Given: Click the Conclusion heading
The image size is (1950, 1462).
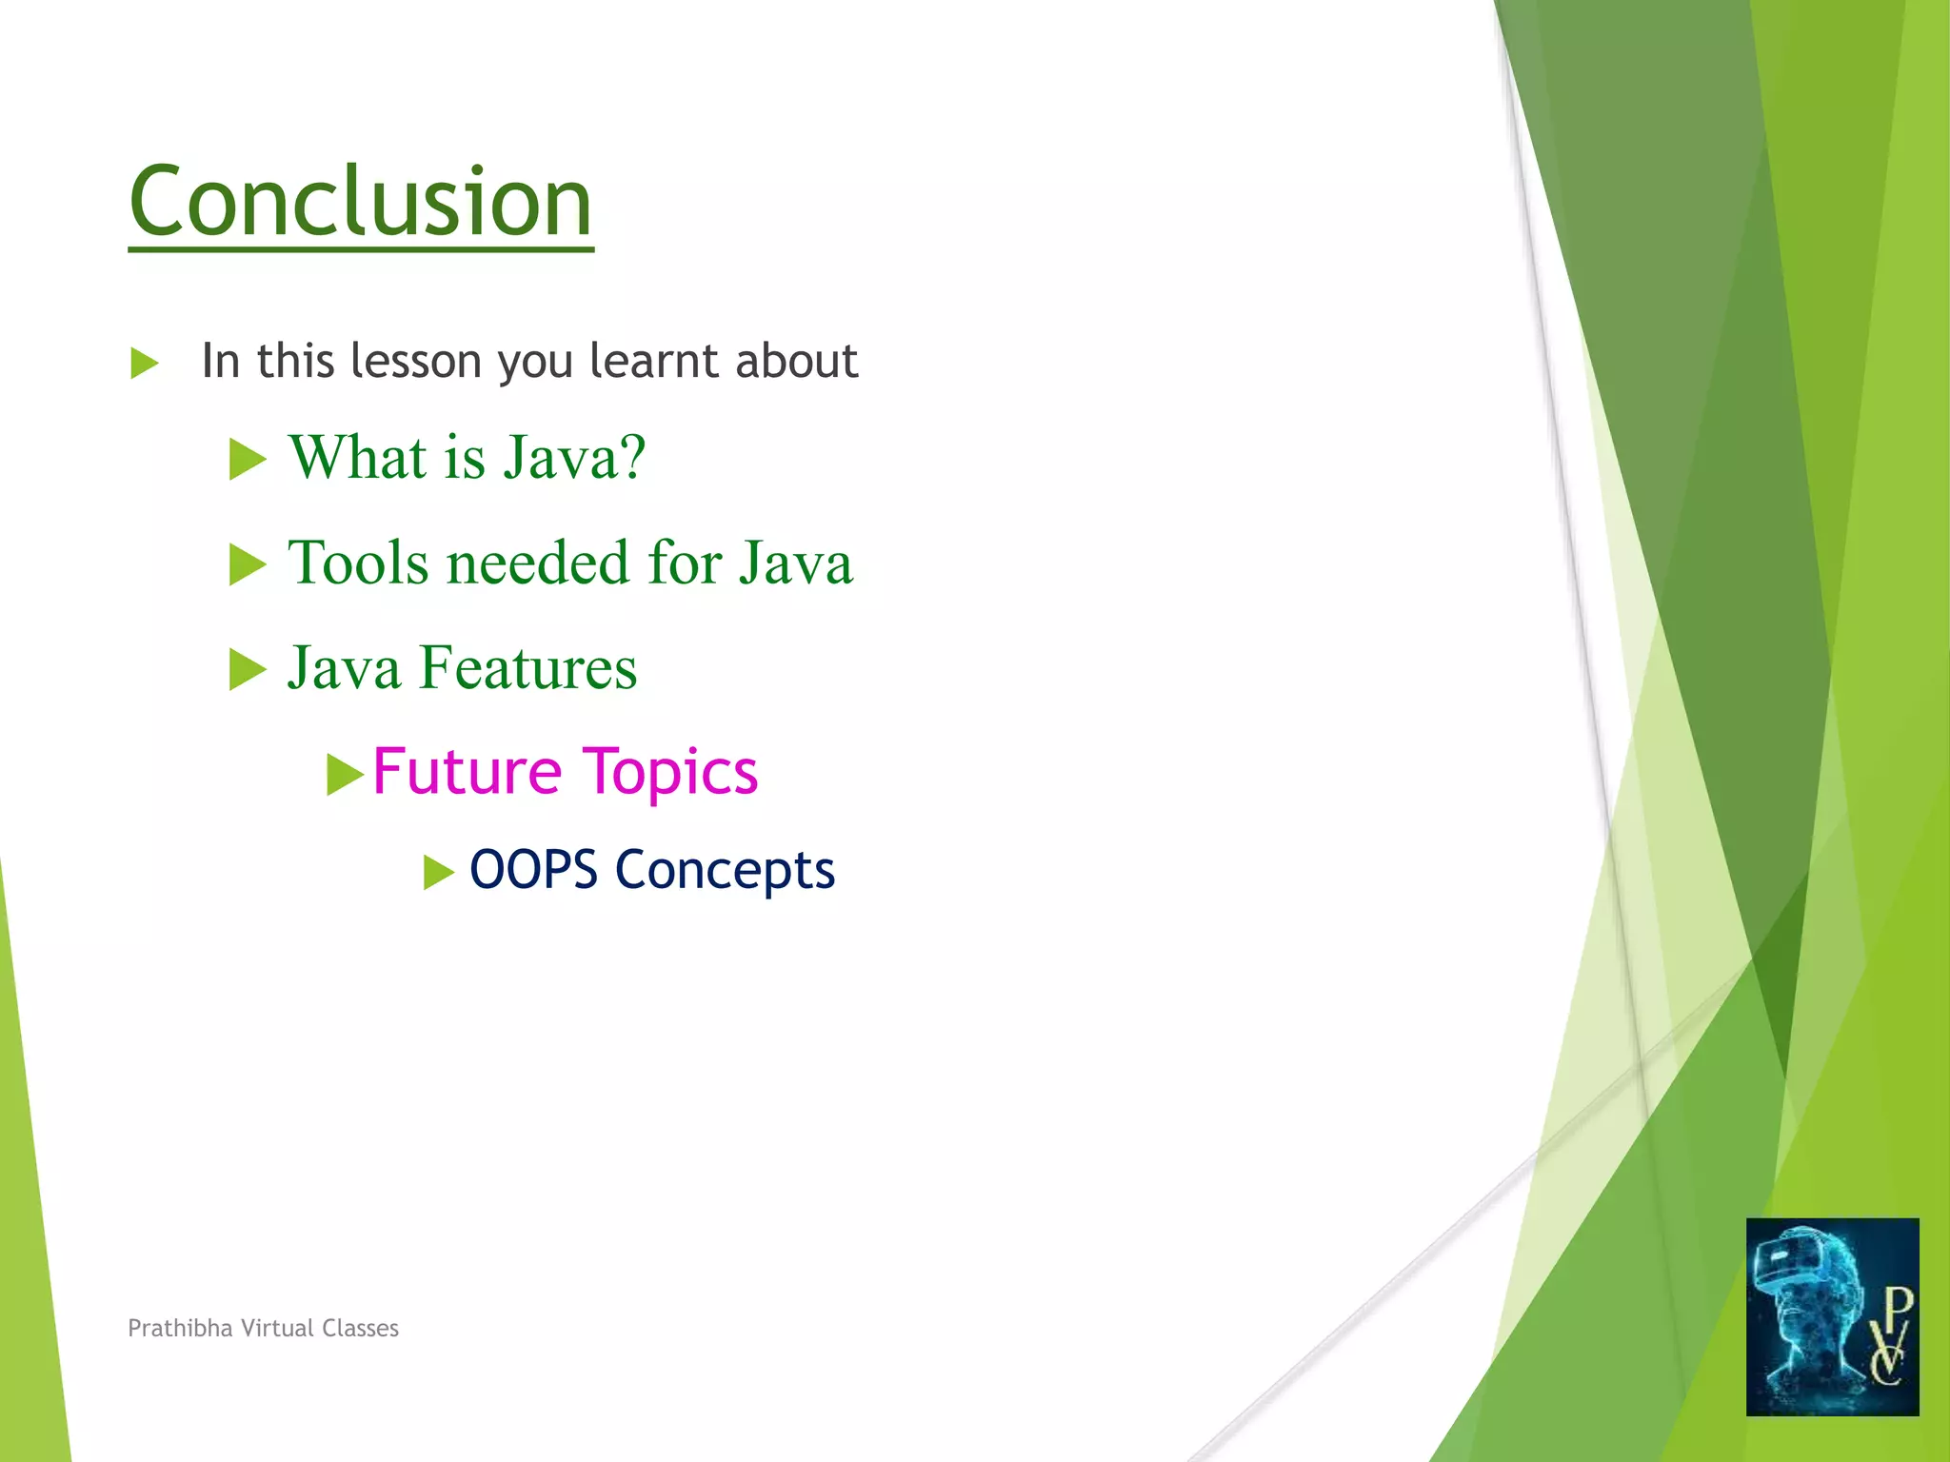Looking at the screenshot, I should point(360,202).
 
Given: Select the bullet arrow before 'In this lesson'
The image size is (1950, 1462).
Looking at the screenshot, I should point(144,364).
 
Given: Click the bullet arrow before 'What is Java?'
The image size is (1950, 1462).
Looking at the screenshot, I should point(248,460).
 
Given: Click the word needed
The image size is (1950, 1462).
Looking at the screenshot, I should point(538,563).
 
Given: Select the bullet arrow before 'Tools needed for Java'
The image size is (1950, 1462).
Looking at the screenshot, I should point(248,564).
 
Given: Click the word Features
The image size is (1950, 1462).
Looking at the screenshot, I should point(527,667).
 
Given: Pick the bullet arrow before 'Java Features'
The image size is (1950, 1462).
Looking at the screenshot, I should point(248,670).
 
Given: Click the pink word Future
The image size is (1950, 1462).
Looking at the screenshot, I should point(467,771).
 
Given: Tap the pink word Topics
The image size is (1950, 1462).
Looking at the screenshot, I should point(669,773).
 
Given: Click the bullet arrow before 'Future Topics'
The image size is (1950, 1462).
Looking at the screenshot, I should point(345,775).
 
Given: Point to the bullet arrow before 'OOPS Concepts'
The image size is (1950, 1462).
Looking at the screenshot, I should point(438,872).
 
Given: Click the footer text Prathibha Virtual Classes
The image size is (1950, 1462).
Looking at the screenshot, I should point(263,1328).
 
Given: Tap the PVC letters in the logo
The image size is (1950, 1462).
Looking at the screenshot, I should point(1889,1337).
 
